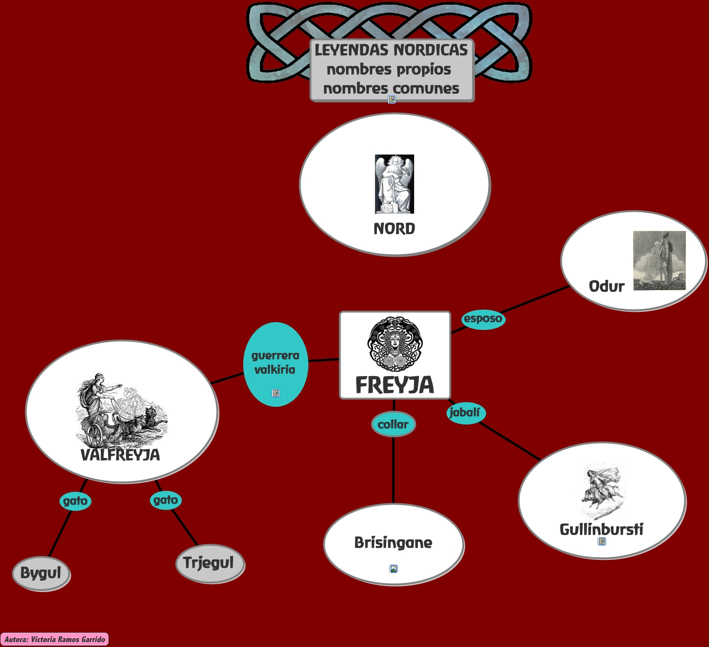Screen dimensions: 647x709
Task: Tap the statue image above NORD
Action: pos(395,184)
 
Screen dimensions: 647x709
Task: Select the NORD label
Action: pos(394,229)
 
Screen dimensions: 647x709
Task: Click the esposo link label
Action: pos(483,319)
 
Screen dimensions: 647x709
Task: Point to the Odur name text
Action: pos(607,286)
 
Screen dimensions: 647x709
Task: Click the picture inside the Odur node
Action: pos(659,261)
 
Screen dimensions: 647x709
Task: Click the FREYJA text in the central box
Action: pos(395,385)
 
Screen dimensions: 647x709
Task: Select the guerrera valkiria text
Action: pos(275,363)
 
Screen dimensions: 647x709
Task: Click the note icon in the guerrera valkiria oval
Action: pos(276,393)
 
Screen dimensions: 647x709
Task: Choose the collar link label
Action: pos(393,425)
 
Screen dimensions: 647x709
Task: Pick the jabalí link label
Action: pos(465,413)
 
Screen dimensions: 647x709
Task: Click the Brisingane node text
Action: pos(393,543)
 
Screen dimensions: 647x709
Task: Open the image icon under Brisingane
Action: pos(394,568)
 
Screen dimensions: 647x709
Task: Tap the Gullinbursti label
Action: pos(601,529)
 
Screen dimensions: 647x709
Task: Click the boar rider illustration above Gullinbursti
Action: pos(602,491)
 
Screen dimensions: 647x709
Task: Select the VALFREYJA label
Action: pos(120,455)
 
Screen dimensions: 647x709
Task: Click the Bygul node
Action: pos(41,573)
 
